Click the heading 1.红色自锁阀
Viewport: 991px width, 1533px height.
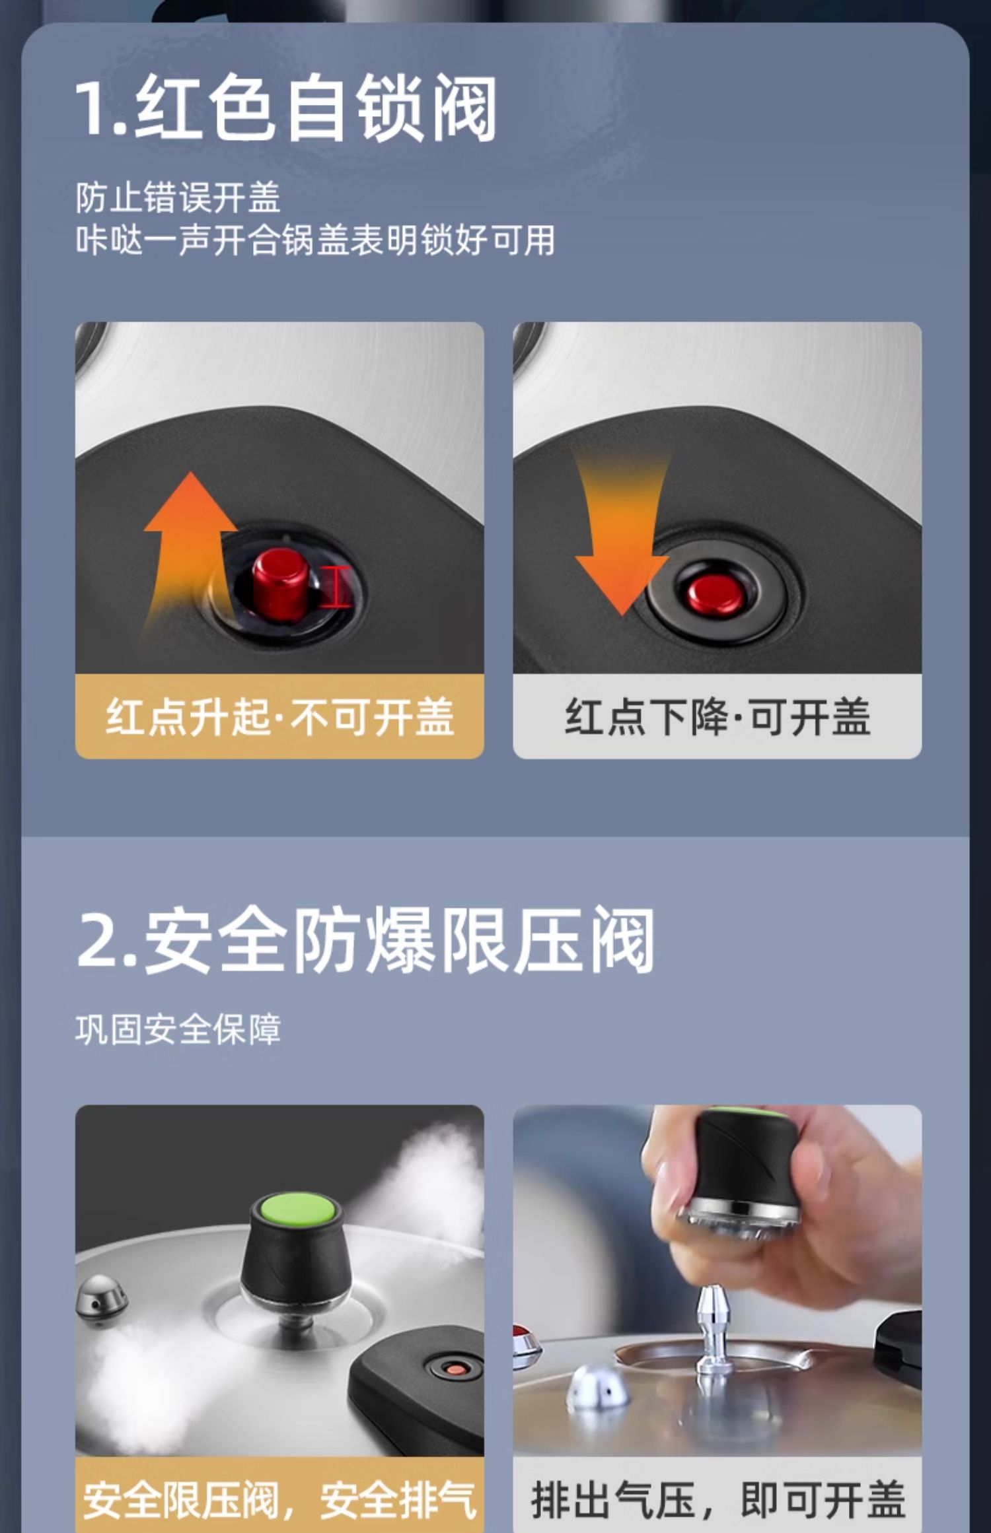(285, 108)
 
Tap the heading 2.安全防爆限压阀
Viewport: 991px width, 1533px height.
(365, 939)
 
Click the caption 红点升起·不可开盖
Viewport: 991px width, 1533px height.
(279, 716)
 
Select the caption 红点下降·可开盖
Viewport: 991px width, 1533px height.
(717, 716)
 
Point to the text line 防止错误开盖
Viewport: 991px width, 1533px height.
(178, 197)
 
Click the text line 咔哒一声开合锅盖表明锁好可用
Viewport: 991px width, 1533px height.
(315, 240)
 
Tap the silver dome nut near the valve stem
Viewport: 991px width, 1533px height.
(598, 1386)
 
